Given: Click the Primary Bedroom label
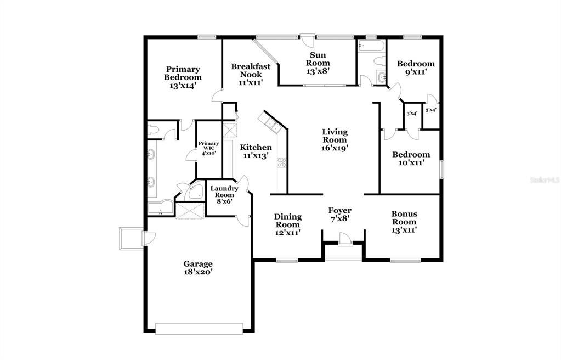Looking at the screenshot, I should click(183, 77).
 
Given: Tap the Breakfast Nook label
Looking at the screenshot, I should click(251, 74).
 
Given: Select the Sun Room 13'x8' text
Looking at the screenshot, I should click(318, 59).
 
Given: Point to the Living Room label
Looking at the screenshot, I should click(335, 139).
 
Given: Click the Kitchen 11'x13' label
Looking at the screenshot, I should click(256, 151).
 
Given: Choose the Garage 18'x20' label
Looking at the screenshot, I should click(198, 267).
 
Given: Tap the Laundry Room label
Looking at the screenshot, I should click(224, 195).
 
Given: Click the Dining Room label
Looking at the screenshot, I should click(287, 224).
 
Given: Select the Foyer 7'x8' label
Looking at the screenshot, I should click(340, 214).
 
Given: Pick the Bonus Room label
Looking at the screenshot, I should click(404, 222).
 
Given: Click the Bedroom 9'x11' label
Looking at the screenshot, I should click(416, 67).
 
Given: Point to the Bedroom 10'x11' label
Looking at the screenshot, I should click(411, 159).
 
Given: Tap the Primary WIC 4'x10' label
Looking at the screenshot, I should click(209, 148).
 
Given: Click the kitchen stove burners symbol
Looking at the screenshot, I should click(282, 162).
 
